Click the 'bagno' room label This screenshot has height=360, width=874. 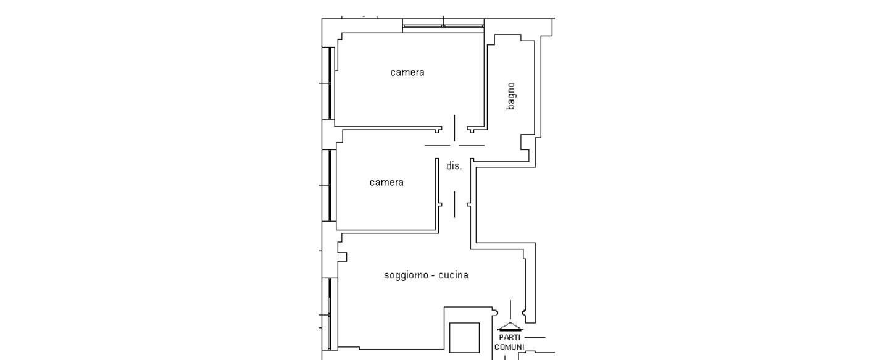point(510,96)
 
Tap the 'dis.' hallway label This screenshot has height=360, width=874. point(454,166)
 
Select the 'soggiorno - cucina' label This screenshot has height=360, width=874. point(426,275)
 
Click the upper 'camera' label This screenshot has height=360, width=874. point(407,72)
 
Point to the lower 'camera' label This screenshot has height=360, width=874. point(386,182)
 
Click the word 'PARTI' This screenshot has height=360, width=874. point(510,337)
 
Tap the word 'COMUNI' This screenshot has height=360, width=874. point(509,347)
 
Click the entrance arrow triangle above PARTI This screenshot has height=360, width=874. point(510,327)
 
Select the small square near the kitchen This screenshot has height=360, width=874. point(464,338)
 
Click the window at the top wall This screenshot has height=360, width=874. point(443,26)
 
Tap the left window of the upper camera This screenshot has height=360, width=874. point(328,83)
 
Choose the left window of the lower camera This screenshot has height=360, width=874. point(328,186)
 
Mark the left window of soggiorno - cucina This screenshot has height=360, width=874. point(330,314)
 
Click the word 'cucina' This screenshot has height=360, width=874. point(453,275)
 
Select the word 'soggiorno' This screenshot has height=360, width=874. point(406,275)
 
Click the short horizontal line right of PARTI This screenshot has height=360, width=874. point(535,337)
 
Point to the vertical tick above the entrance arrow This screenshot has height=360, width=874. point(510,310)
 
